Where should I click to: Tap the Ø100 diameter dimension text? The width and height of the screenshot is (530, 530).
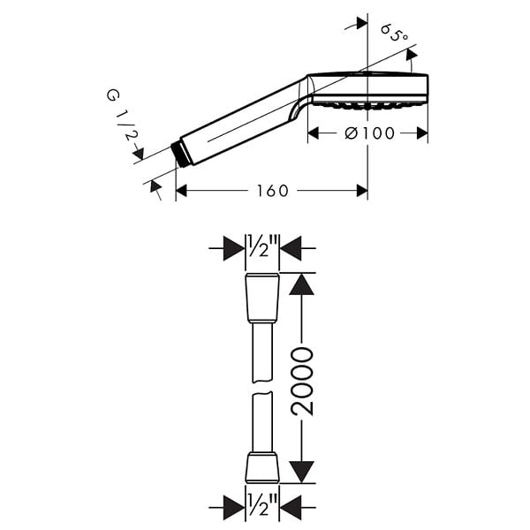click(x=370, y=133)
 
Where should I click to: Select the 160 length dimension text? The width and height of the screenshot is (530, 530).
click(x=272, y=191)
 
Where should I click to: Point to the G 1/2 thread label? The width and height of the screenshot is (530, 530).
click(x=123, y=115)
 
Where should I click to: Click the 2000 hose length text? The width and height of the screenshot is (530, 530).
click(x=302, y=382)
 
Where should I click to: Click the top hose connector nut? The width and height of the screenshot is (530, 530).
click(x=262, y=299)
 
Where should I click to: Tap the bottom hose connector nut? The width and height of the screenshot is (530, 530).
click(x=262, y=467)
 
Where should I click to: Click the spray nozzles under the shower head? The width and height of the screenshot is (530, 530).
click(x=367, y=106)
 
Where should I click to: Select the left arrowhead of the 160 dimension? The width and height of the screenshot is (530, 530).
click(x=181, y=191)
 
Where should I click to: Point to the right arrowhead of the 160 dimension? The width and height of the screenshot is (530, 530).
click(x=362, y=191)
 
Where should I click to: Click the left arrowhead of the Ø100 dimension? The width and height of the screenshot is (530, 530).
click(x=314, y=133)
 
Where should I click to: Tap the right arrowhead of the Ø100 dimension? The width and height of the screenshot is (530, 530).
click(x=422, y=133)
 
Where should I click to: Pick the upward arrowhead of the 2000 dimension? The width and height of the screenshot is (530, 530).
click(x=301, y=284)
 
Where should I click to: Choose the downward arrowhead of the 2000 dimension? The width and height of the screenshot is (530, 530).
click(x=301, y=472)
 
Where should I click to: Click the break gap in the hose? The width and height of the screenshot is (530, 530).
click(x=262, y=388)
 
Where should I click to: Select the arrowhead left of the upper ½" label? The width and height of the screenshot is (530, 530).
click(x=234, y=248)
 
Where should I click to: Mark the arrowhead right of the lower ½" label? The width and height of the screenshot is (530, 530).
click(x=291, y=508)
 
